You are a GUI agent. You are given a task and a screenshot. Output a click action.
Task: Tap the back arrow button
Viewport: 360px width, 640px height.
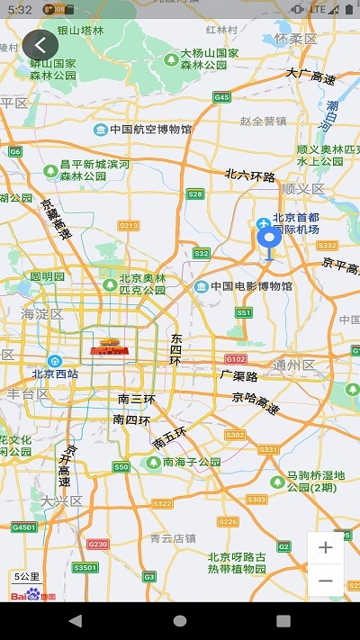click(40, 44)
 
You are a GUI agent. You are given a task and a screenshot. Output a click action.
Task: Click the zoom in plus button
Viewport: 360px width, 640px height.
click(325, 547)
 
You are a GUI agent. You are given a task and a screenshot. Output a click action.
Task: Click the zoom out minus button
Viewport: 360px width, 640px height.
click(325, 581)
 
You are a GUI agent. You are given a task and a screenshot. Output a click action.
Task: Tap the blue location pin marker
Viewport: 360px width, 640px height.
click(268, 239)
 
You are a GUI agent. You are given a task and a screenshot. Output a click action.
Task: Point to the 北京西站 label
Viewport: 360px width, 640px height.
click(56, 373)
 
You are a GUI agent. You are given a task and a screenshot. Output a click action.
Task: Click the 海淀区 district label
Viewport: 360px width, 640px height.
click(41, 314)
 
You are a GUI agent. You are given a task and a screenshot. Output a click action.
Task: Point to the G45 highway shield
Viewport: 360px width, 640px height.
click(221, 96)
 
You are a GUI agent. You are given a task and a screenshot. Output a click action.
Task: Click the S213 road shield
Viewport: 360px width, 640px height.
click(129, 225)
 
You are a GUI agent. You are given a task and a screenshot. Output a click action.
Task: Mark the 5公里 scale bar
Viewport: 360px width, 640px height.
click(27, 576)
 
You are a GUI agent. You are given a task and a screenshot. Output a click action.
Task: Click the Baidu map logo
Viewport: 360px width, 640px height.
click(33, 594)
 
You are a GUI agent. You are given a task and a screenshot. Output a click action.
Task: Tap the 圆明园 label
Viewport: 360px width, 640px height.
click(48, 276)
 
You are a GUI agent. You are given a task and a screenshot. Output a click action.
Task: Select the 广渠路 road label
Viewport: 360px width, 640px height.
click(238, 375)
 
